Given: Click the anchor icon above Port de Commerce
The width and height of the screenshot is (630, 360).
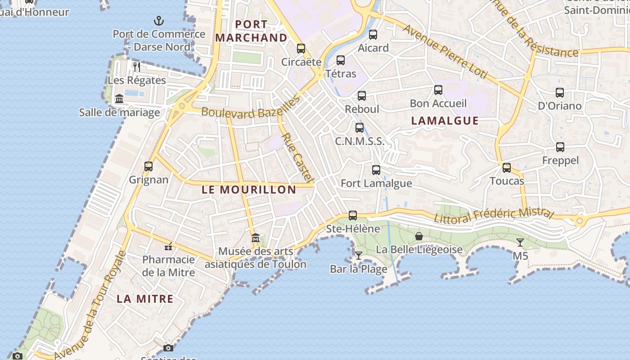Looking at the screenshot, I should pyautogui.click(x=158, y=20).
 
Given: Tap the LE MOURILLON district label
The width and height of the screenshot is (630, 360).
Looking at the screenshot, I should pyautogui.click(x=249, y=189).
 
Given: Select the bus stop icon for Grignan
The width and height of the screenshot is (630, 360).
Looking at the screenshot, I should pyautogui.click(x=148, y=166).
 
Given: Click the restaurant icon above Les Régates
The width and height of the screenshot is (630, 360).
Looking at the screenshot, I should pyautogui.click(x=137, y=67).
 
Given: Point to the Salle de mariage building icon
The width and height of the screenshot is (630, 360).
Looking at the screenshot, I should pyautogui.click(x=119, y=99).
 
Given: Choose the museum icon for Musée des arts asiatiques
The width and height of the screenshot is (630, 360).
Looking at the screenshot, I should pyautogui.click(x=256, y=238).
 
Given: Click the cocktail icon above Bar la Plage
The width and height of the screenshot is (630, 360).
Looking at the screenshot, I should pyautogui.click(x=359, y=256).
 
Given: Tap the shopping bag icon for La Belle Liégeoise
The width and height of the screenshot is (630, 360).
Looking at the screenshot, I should pyautogui.click(x=419, y=236).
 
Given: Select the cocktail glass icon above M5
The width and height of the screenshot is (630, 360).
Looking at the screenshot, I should pyautogui.click(x=520, y=243).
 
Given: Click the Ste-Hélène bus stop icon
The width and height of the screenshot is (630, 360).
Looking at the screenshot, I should pyautogui.click(x=353, y=216).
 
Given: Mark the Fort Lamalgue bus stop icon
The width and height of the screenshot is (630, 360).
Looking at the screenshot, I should pyautogui.click(x=376, y=170).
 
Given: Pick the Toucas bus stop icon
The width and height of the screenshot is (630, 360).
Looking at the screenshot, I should pyautogui.click(x=507, y=168).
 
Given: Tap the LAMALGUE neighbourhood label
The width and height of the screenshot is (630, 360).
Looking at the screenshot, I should pyautogui.click(x=445, y=121).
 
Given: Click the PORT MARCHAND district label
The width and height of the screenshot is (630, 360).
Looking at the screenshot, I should pyautogui.click(x=251, y=31).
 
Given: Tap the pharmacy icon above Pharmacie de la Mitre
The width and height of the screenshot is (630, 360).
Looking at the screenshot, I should pyautogui.click(x=168, y=246).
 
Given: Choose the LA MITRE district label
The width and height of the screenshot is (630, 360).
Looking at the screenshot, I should pyautogui.click(x=145, y=299).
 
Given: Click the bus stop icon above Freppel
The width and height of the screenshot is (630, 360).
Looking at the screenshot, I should pyautogui.click(x=560, y=147).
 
